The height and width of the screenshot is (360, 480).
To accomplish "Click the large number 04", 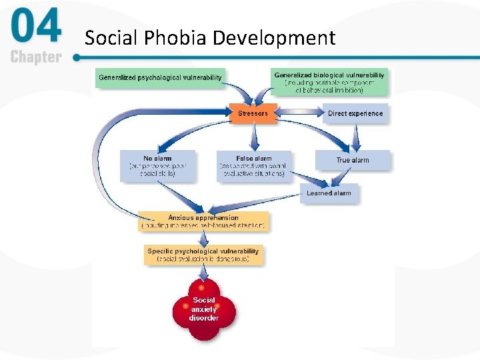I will (37, 28).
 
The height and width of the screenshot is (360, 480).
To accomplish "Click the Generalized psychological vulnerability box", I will (160, 77).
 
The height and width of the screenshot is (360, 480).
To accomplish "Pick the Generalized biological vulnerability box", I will (329, 82).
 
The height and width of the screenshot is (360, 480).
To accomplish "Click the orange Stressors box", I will (253, 113).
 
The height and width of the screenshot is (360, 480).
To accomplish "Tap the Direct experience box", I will (355, 113).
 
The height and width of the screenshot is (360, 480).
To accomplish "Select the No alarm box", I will (158, 166).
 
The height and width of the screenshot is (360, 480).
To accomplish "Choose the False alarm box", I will (253, 166).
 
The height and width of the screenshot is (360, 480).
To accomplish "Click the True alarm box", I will (353, 160).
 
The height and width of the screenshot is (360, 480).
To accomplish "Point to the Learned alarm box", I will (328, 193).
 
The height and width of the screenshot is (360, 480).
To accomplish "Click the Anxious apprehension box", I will (203, 221).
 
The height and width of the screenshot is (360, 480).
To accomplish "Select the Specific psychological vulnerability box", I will (203, 255).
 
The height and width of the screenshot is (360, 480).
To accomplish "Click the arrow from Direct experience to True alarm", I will (355, 137).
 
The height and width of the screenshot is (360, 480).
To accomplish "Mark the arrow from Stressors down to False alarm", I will (253, 137).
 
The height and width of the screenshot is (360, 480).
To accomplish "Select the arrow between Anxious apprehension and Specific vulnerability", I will (203, 238).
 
